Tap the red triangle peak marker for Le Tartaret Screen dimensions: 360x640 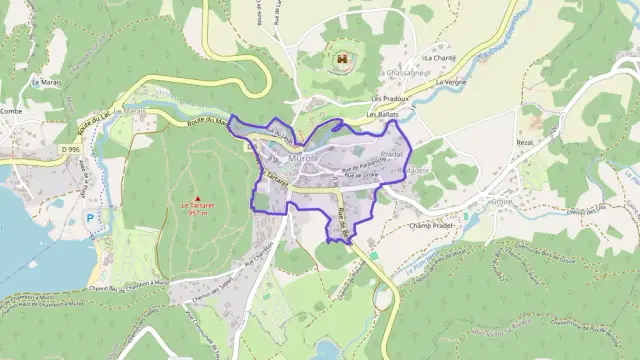tap(197, 198)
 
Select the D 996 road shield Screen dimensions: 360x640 tap(68, 150)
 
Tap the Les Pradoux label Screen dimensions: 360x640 tap(390, 99)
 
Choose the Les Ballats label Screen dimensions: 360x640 tap(383, 115)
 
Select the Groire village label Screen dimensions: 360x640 tap(501, 201)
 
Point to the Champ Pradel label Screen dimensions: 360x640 tap(432, 226)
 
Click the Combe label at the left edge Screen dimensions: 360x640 tap(11, 111)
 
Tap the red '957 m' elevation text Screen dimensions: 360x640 tap(197, 214)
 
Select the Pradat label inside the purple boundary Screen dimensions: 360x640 tap(392, 155)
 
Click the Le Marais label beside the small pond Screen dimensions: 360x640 tap(47, 82)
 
